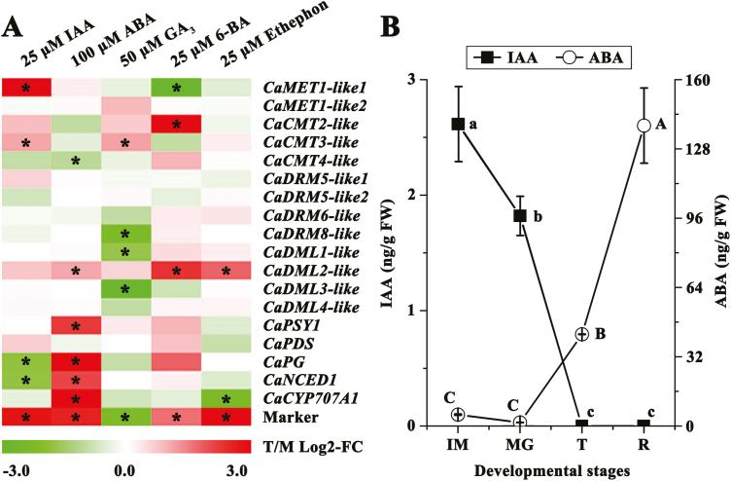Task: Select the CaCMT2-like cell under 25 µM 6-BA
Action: tap(177, 125)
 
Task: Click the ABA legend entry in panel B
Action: tap(596, 55)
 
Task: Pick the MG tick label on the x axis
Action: tap(519, 442)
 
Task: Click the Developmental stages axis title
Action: tap(550, 467)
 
